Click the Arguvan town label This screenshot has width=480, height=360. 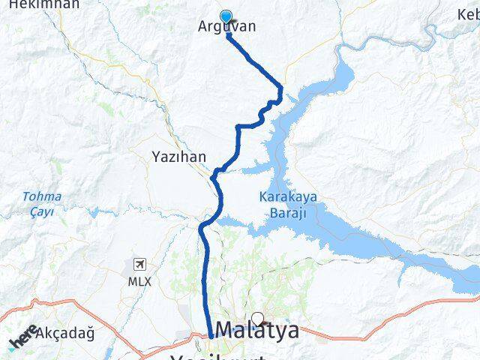point(226,27)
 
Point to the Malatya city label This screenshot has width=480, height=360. point(256,330)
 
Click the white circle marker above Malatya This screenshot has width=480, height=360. point(258,317)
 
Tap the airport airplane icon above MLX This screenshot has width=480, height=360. point(139,265)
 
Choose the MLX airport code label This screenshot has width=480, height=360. point(139,281)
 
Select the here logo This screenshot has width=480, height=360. point(22,336)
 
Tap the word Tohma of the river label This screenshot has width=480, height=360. point(42,197)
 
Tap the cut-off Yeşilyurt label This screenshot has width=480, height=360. point(218,356)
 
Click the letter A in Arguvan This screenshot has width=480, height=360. point(202,27)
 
